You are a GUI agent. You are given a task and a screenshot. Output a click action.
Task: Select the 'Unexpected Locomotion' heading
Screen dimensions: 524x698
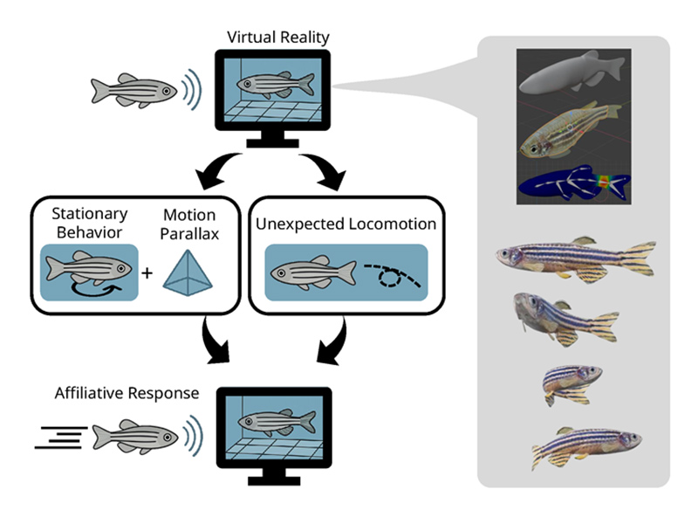[x=346, y=224]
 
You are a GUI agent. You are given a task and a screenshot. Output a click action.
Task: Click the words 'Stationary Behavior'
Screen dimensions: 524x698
[x=90, y=223]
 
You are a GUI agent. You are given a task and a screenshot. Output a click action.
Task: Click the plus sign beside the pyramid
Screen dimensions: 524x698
[x=147, y=272]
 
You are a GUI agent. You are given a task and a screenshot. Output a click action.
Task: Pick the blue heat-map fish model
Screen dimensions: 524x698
[x=573, y=183]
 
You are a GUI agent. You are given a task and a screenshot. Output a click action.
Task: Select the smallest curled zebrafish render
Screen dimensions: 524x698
[x=571, y=383]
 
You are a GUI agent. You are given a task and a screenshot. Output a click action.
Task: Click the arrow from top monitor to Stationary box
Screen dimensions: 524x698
[x=209, y=170]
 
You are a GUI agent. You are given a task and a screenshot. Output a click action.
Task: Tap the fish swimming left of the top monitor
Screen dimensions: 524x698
[x=134, y=90]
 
